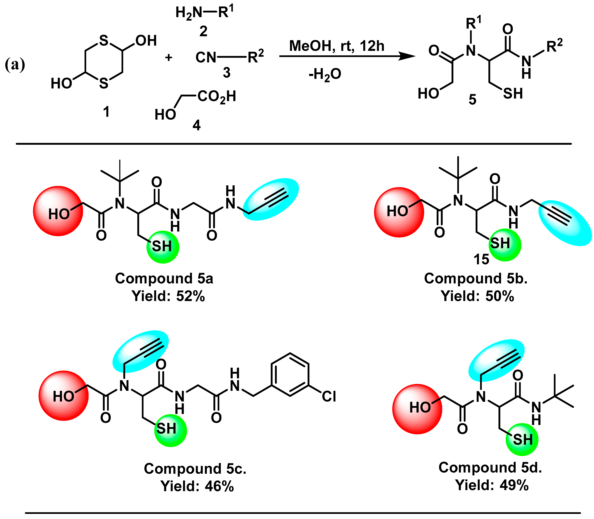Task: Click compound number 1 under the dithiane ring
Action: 106,111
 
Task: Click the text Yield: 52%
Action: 168,296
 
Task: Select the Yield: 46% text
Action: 197,486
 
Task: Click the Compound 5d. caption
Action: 490,467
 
